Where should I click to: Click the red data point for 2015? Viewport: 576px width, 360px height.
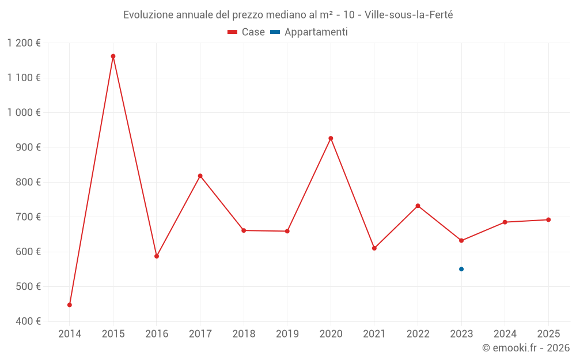[x=113, y=56]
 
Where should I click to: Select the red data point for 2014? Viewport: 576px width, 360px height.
[x=70, y=305]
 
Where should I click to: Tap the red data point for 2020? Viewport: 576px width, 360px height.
[x=331, y=138]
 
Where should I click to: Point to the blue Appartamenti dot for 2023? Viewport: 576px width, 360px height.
[x=461, y=269]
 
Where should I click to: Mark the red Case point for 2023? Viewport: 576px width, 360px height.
[x=461, y=240]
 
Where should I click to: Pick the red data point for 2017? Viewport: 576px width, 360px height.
[x=200, y=176]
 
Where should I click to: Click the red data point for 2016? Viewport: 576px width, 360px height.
[x=157, y=256]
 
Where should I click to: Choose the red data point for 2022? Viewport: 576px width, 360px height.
[x=418, y=206]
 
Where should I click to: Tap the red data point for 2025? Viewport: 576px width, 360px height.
[x=548, y=219]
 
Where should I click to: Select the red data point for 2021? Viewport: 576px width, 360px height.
[x=374, y=248]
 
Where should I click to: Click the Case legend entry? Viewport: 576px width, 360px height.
[x=247, y=32]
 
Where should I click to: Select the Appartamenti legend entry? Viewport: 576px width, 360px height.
[x=309, y=32]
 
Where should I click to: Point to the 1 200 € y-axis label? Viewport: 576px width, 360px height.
[x=24, y=43]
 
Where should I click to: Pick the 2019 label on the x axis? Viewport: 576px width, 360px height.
[x=287, y=334]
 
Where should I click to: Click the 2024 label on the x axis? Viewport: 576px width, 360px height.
[x=505, y=334]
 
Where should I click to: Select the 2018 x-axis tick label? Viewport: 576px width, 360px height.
[x=244, y=334]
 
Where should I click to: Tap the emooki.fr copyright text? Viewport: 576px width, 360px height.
[x=526, y=348]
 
